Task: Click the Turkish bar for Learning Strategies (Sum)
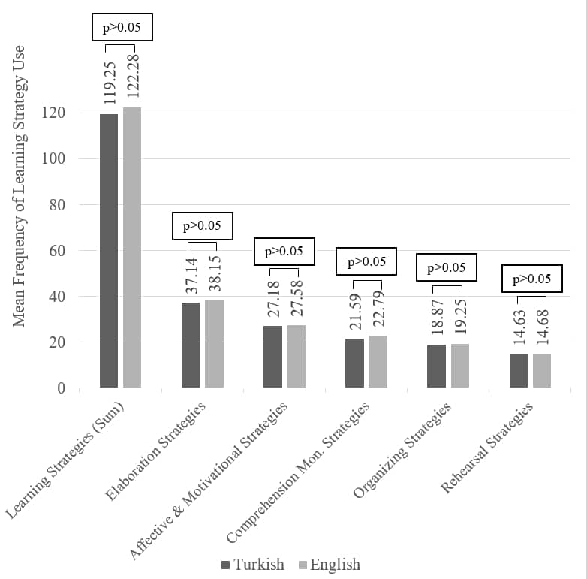109,251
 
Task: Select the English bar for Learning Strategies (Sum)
132,248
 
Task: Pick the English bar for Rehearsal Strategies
542,371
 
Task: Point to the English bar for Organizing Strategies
460,366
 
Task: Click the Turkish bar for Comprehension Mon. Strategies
354,363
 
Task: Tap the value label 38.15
215,273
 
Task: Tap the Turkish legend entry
252,565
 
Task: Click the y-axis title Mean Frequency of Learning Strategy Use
20,186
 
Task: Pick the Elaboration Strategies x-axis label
158,449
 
